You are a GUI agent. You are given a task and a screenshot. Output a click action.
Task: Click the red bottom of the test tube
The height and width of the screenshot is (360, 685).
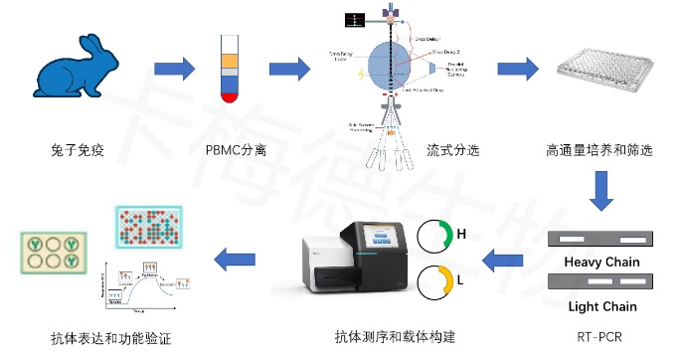coord(230,97)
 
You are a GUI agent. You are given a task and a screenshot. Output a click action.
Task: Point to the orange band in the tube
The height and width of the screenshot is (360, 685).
coord(230,61)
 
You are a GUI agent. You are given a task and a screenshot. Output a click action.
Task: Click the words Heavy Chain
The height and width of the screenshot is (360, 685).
coord(601,263)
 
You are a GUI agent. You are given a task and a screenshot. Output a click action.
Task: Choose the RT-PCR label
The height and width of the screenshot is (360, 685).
coord(601,337)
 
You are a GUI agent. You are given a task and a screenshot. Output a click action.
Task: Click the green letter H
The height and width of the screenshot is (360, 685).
coord(460,235)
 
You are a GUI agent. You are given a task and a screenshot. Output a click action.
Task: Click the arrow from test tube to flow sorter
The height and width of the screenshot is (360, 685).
coord(289,71)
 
